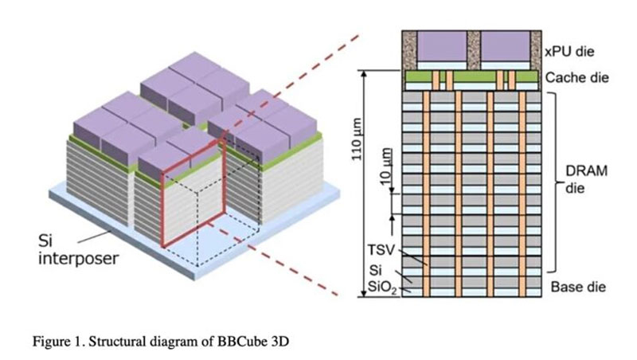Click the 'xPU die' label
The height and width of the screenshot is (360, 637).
569,52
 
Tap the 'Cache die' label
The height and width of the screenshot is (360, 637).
576,77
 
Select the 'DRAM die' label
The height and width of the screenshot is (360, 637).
586,179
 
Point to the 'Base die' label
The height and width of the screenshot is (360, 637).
578,287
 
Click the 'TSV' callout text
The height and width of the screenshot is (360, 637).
381,250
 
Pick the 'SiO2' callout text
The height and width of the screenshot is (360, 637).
382,287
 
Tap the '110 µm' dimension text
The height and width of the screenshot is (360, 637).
356,139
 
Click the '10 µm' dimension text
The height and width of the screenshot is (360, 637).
386,166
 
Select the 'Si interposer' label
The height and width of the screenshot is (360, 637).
78,249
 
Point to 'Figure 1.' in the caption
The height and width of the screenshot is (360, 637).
59,341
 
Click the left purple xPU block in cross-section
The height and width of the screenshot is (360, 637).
442,46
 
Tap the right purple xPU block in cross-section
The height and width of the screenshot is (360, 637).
506,46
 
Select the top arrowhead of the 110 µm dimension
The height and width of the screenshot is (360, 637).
364,74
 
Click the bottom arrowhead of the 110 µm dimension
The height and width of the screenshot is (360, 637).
364,293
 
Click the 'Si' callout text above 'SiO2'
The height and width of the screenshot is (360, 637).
375,270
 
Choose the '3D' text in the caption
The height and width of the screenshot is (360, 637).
279,341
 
